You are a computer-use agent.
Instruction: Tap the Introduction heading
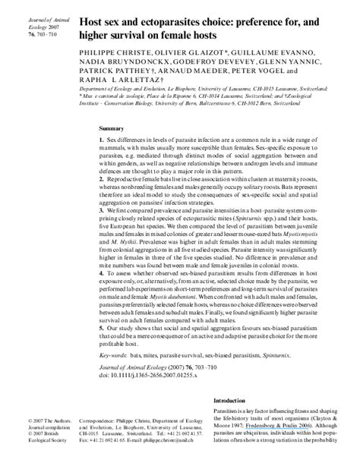[233, 401]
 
